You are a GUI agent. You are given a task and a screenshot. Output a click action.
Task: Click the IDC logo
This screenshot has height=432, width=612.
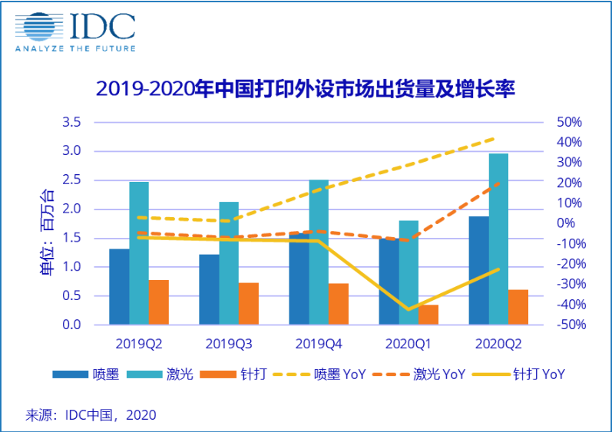click(x=75, y=31)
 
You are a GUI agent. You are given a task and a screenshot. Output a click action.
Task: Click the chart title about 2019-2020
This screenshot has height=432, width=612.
click(x=305, y=89)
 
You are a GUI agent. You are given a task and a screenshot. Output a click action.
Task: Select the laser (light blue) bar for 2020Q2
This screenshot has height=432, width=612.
click(x=498, y=239)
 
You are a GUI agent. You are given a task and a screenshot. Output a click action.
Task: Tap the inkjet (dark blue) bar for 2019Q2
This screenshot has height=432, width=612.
click(x=119, y=286)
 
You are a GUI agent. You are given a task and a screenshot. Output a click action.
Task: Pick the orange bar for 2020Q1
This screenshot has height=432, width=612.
click(x=428, y=315)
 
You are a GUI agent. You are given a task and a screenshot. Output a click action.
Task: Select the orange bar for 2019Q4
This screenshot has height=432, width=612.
click(x=339, y=304)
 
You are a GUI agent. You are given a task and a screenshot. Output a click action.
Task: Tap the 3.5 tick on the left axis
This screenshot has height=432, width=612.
click(x=71, y=123)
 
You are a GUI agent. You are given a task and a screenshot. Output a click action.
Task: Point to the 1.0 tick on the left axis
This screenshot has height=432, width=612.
click(x=71, y=267)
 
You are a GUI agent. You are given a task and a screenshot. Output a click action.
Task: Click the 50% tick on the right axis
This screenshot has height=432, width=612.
click(x=570, y=123)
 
